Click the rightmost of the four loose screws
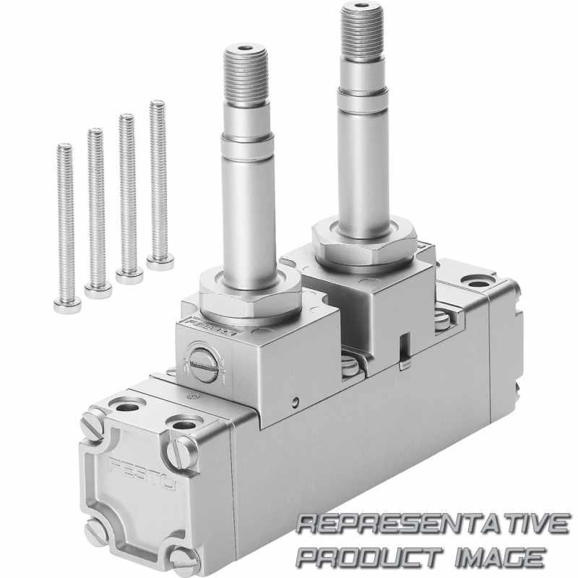tap(159, 184)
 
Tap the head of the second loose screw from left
tap(98, 291)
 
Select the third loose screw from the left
tap(128, 199)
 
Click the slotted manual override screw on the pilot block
tap(202, 365)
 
